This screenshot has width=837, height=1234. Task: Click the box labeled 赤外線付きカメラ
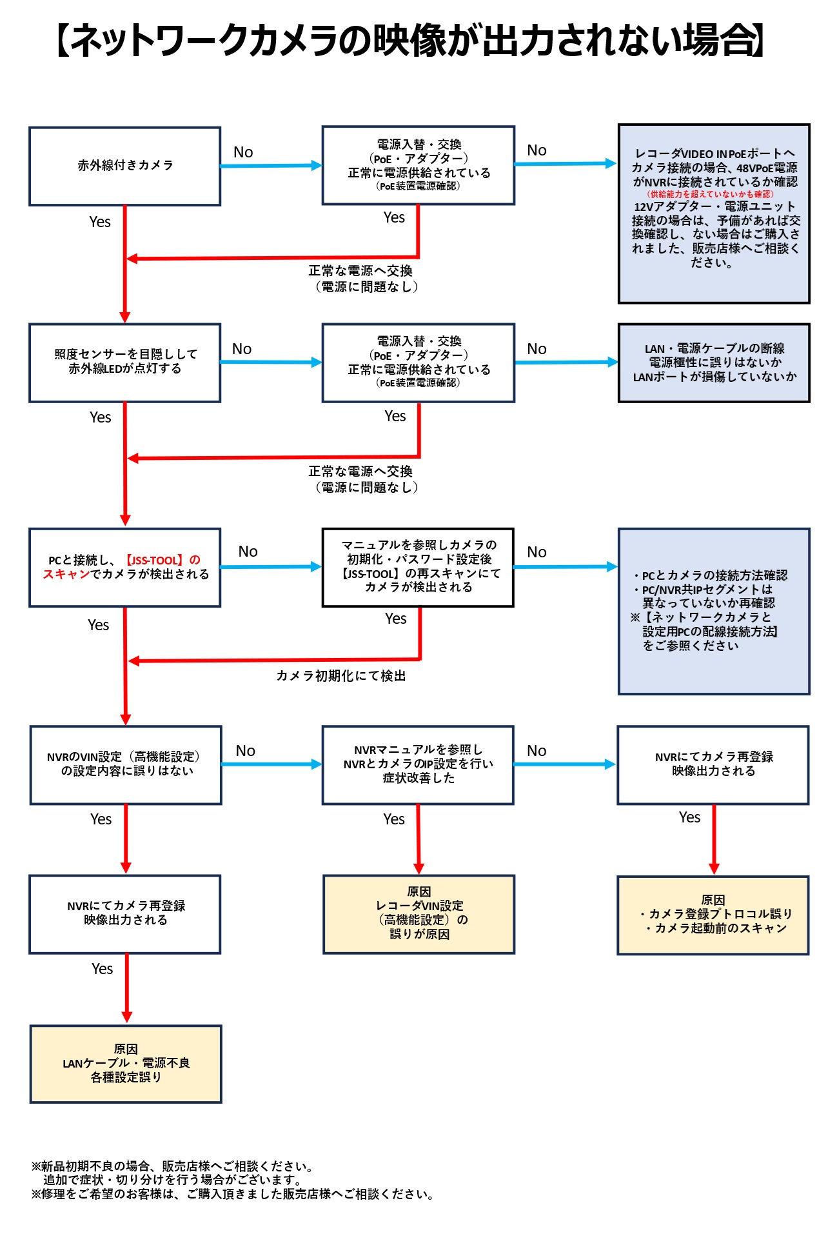pyautogui.click(x=125, y=166)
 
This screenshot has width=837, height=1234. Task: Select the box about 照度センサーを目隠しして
pyautogui.click(x=125, y=363)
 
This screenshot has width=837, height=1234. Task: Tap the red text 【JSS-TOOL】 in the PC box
pyautogui.click(x=153, y=560)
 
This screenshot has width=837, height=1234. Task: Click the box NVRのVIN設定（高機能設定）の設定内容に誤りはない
pyautogui.click(x=126, y=764)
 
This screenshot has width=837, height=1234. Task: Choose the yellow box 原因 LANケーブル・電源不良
pyautogui.click(x=126, y=1063)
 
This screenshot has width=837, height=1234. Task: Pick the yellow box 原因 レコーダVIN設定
pyautogui.click(x=418, y=913)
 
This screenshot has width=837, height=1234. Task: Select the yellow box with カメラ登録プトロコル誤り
pyautogui.click(x=713, y=915)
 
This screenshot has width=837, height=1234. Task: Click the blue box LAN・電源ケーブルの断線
pyautogui.click(x=714, y=363)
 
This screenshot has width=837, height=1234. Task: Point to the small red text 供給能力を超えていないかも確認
pyautogui.click(x=710, y=194)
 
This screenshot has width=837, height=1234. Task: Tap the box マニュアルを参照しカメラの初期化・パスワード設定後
pyautogui.click(x=418, y=566)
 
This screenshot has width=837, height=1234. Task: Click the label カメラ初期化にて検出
pyautogui.click(x=340, y=675)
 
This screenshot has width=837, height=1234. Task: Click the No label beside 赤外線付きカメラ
pyautogui.click(x=243, y=152)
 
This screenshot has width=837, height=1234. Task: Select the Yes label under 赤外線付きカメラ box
pyautogui.click(x=100, y=222)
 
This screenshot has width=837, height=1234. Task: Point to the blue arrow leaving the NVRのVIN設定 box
pyautogui.click(x=271, y=764)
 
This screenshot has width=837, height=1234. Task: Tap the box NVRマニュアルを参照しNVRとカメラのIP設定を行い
pyautogui.click(x=418, y=764)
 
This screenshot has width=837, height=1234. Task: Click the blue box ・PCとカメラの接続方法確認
pyautogui.click(x=714, y=610)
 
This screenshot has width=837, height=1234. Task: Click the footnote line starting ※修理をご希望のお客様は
pyautogui.click(x=232, y=1194)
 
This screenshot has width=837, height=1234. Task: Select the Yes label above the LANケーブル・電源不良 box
pyautogui.click(x=102, y=969)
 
